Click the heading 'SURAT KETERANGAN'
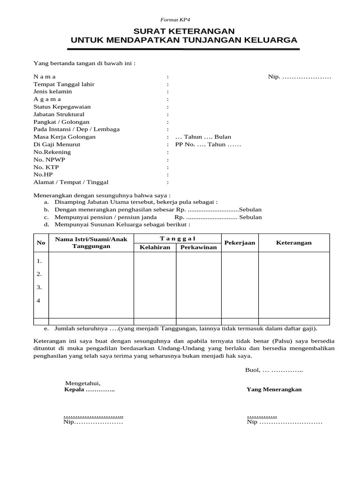click(184, 31)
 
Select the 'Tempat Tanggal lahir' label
click(64, 84)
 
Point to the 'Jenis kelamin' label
click(52, 91)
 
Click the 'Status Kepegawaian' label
click(62, 106)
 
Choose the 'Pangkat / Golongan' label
click(61, 121)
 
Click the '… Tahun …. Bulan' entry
click(203, 137)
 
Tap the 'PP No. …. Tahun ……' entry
click(208, 144)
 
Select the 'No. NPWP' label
click(49, 159)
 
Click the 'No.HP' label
click(44, 174)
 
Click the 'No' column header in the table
click(41, 243)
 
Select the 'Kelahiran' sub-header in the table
click(155, 247)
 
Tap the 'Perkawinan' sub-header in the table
click(198, 247)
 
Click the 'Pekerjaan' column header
click(240, 243)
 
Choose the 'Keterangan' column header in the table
click(293, 243)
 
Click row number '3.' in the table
click(39, 287)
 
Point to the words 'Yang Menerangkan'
click(274, 390)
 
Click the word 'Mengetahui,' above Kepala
click(82, 383)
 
